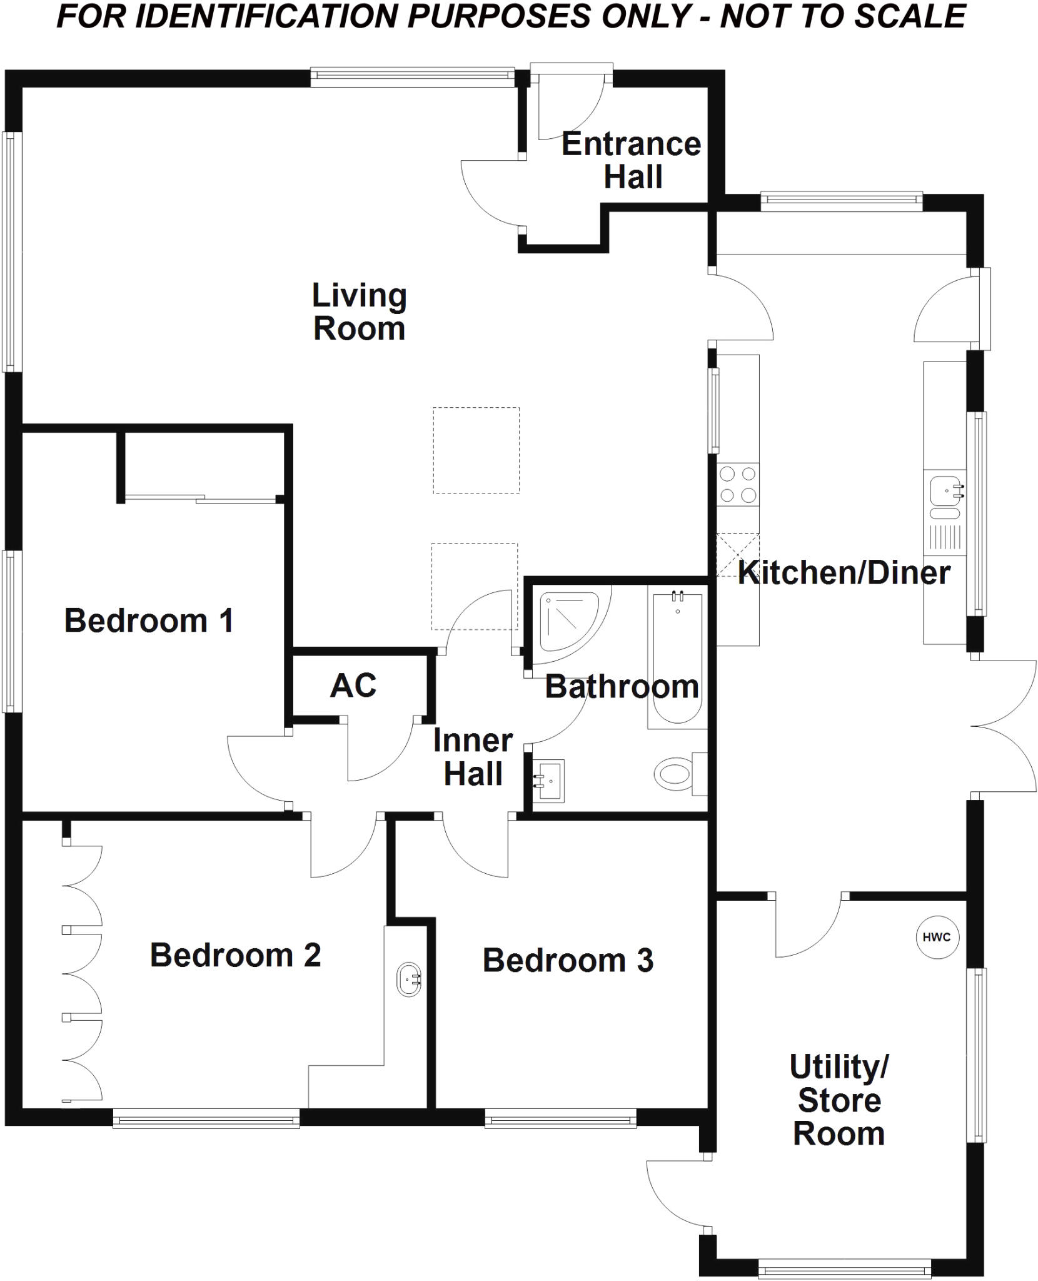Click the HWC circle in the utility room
[936, 936]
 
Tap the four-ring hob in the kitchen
[738, 485]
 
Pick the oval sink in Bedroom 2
[409, 979]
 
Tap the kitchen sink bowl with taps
[945, 490]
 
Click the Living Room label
[359, 312]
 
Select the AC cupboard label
[353, 686]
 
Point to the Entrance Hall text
[632, 160]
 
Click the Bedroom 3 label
[568, 960]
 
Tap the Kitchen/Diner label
[844, 573]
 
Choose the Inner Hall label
[473, 757]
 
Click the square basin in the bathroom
[549, 781]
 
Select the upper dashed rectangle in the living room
[476, 450]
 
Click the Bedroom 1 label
[149, 620]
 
